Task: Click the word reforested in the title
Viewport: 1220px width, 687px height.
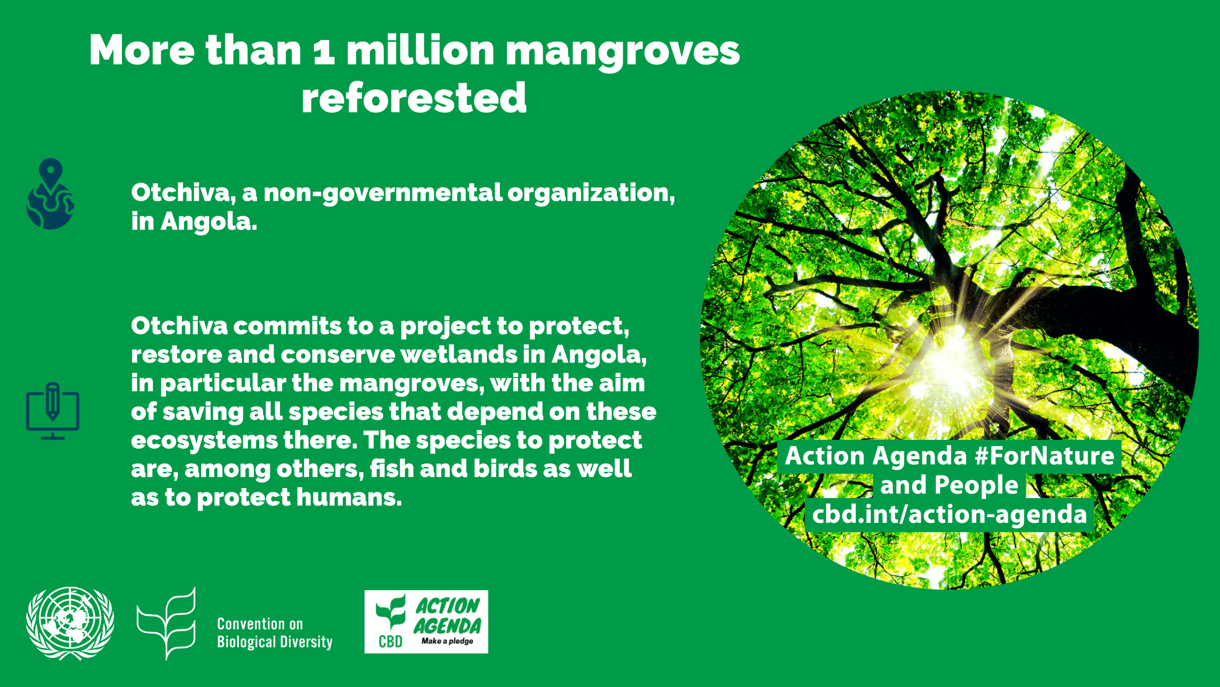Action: tap(414, 98)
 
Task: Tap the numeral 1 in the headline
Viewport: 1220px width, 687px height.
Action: tap(324, 52)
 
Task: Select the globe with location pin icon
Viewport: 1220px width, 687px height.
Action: tap(50, 194)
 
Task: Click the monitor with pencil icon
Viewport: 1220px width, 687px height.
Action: tap(52, 411)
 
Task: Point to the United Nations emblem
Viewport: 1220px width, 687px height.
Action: tap(70, 623)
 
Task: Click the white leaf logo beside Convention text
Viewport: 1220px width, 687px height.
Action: tap(166, 624)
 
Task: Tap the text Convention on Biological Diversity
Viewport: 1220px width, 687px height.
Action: tap(274, 633)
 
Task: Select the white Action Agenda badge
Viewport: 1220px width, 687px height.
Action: tap(426, 622)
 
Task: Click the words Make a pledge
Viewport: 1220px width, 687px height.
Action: tap(447, 641)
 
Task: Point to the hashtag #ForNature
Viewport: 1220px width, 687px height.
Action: tap(1044, 456)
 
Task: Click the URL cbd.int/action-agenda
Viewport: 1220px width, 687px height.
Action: tap(949, 514)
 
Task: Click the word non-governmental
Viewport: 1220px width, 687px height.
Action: tap(383, 193)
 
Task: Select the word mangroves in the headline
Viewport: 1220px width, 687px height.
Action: tap(622, 52)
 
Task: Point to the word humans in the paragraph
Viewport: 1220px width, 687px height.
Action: tap(349, 498)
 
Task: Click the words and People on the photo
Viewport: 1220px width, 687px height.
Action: tap(949, 485)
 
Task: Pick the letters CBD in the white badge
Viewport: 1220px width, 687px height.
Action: tap(390, 642)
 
